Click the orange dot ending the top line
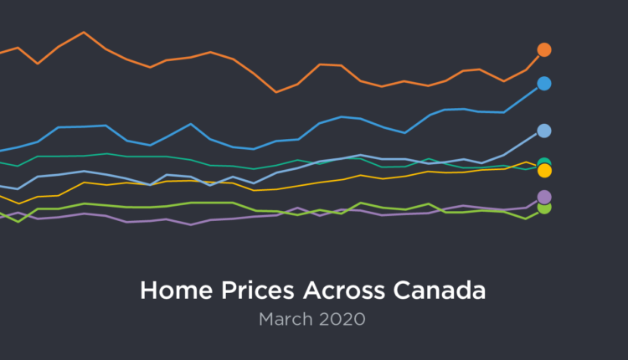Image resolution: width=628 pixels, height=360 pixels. [x=544, y=49]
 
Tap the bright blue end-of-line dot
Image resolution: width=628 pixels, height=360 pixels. [x=544, y=83]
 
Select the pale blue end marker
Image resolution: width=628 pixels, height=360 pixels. [x=544, y=131]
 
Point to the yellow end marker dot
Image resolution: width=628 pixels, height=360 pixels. [x=544, y=171]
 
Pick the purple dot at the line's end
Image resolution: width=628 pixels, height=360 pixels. [x=544, y=198]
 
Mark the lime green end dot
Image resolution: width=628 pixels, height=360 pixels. [x=544, y=208]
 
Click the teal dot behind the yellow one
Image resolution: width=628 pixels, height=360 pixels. [x=544, y=162]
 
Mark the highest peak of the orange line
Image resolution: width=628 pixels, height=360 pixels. [x=84, y=33]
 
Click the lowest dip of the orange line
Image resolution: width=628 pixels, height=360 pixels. [x=276, y=92]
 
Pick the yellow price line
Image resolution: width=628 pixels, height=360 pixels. [x=360, y=176]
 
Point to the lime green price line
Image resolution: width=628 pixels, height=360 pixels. [x=209, y=203]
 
